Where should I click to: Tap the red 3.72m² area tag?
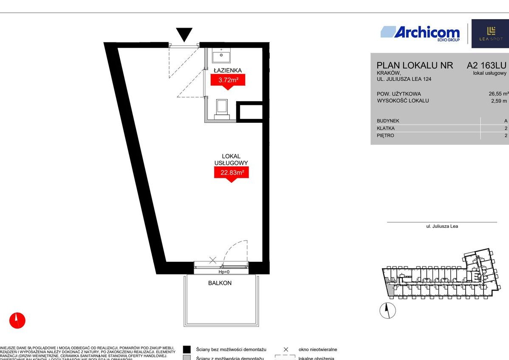pos(228,79)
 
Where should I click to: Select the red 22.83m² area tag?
pos(231,172)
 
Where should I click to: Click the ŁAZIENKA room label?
pos(228,70)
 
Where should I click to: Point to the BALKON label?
pos(220,283)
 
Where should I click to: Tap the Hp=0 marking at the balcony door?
pos(224,272)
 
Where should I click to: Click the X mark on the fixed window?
pos(213,260)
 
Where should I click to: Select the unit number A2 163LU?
pos(486,65)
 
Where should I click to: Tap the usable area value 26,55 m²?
pos(498,94)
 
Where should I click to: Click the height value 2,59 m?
pos(499,101)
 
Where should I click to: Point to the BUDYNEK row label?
pos(388,121)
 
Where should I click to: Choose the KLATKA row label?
pos(385,128)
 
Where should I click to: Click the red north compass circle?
pos(17,320)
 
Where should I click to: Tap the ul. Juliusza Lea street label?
pos(442,226)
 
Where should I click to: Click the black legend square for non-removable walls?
pos(187,349)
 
